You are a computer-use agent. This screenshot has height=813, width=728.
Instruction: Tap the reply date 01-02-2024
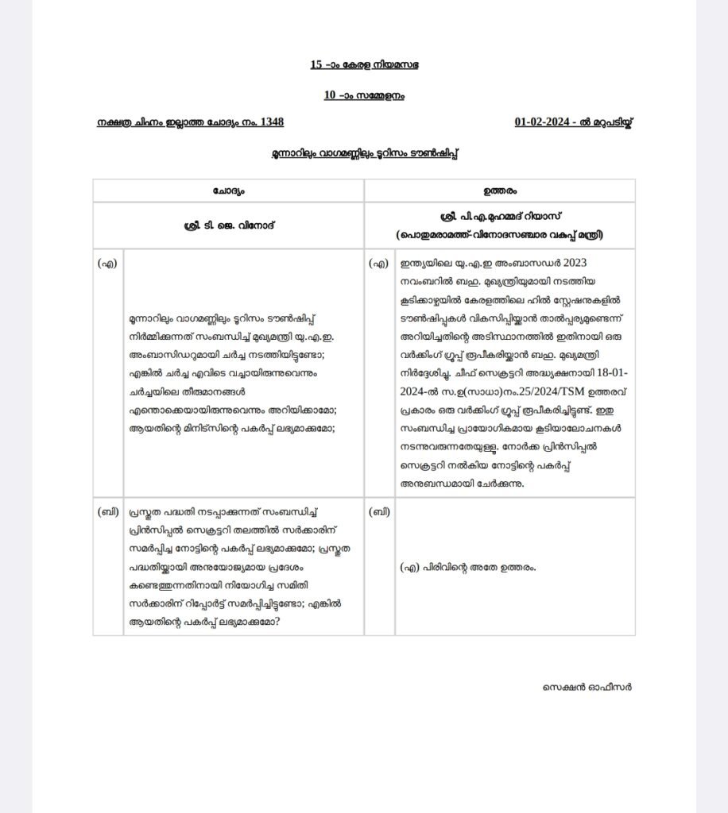544,122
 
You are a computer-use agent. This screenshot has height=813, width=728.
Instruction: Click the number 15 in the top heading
316,64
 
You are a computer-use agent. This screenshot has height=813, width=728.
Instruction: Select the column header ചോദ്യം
228,191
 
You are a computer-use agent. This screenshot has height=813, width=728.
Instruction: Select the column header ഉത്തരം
499,191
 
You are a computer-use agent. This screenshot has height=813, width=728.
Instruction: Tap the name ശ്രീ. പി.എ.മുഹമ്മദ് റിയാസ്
499,217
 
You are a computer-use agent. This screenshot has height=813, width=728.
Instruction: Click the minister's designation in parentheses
499,235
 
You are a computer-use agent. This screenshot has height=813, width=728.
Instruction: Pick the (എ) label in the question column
107,264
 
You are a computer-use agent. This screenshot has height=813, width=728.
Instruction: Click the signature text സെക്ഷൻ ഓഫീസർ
588,687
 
